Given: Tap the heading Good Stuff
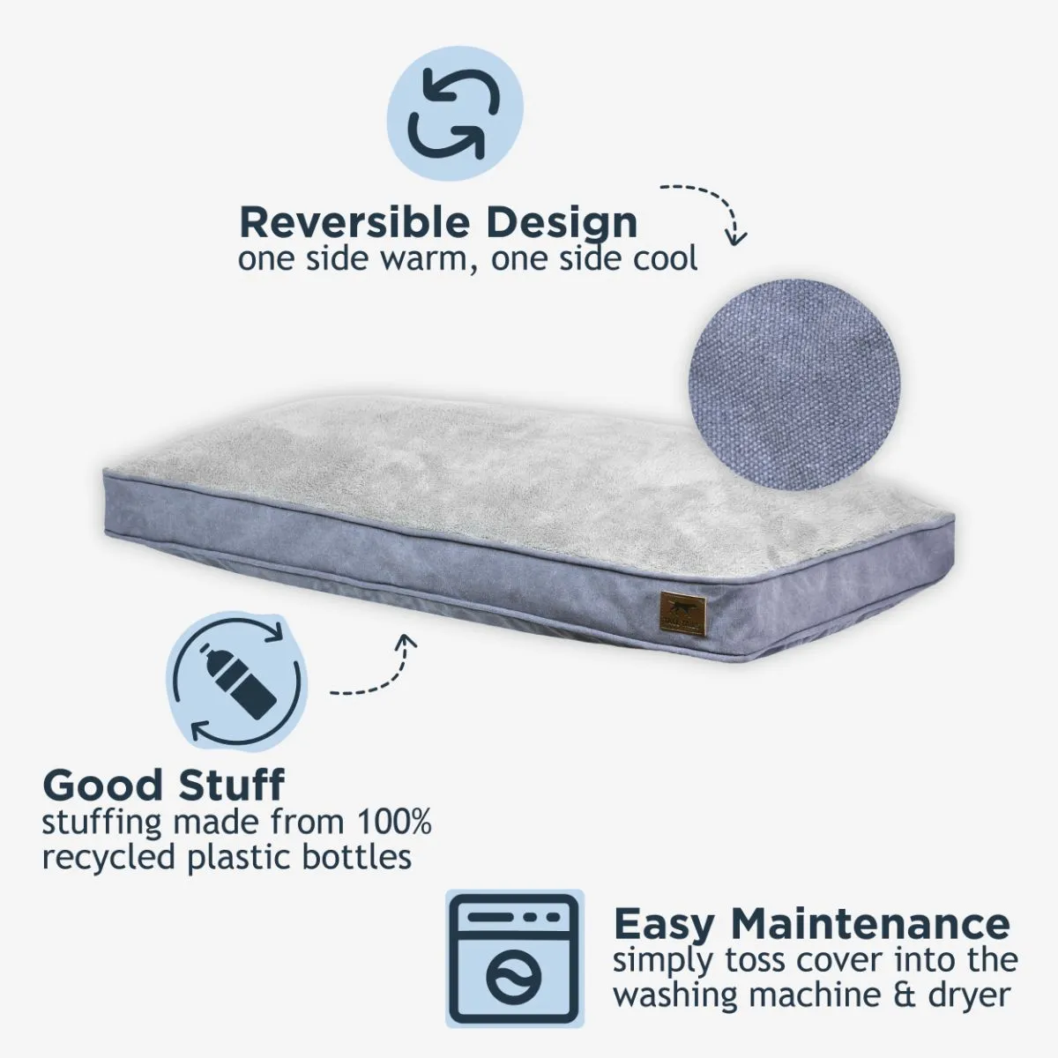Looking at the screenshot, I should pyautogui.click(x=164, y=785).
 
